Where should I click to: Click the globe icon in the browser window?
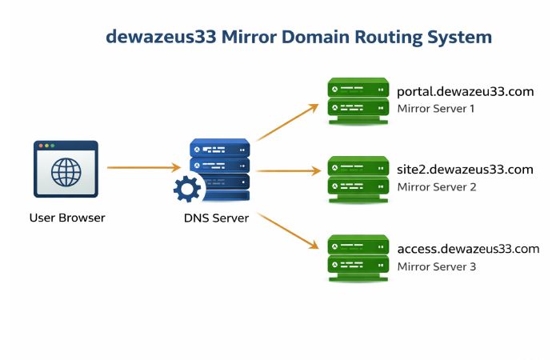point(66,172)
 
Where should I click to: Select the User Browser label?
point(67,218)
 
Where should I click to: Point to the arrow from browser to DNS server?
point(144,167)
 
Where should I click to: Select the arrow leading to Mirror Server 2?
point(288,170)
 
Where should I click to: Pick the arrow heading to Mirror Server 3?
point(288,232)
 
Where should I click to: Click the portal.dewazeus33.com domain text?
point(465,92)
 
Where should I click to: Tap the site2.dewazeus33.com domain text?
point(465,170)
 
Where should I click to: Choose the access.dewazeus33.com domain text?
point(468,249)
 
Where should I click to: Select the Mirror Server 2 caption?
point(437,186)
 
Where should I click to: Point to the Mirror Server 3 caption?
point(437,266)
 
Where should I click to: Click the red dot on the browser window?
point(41,146)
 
